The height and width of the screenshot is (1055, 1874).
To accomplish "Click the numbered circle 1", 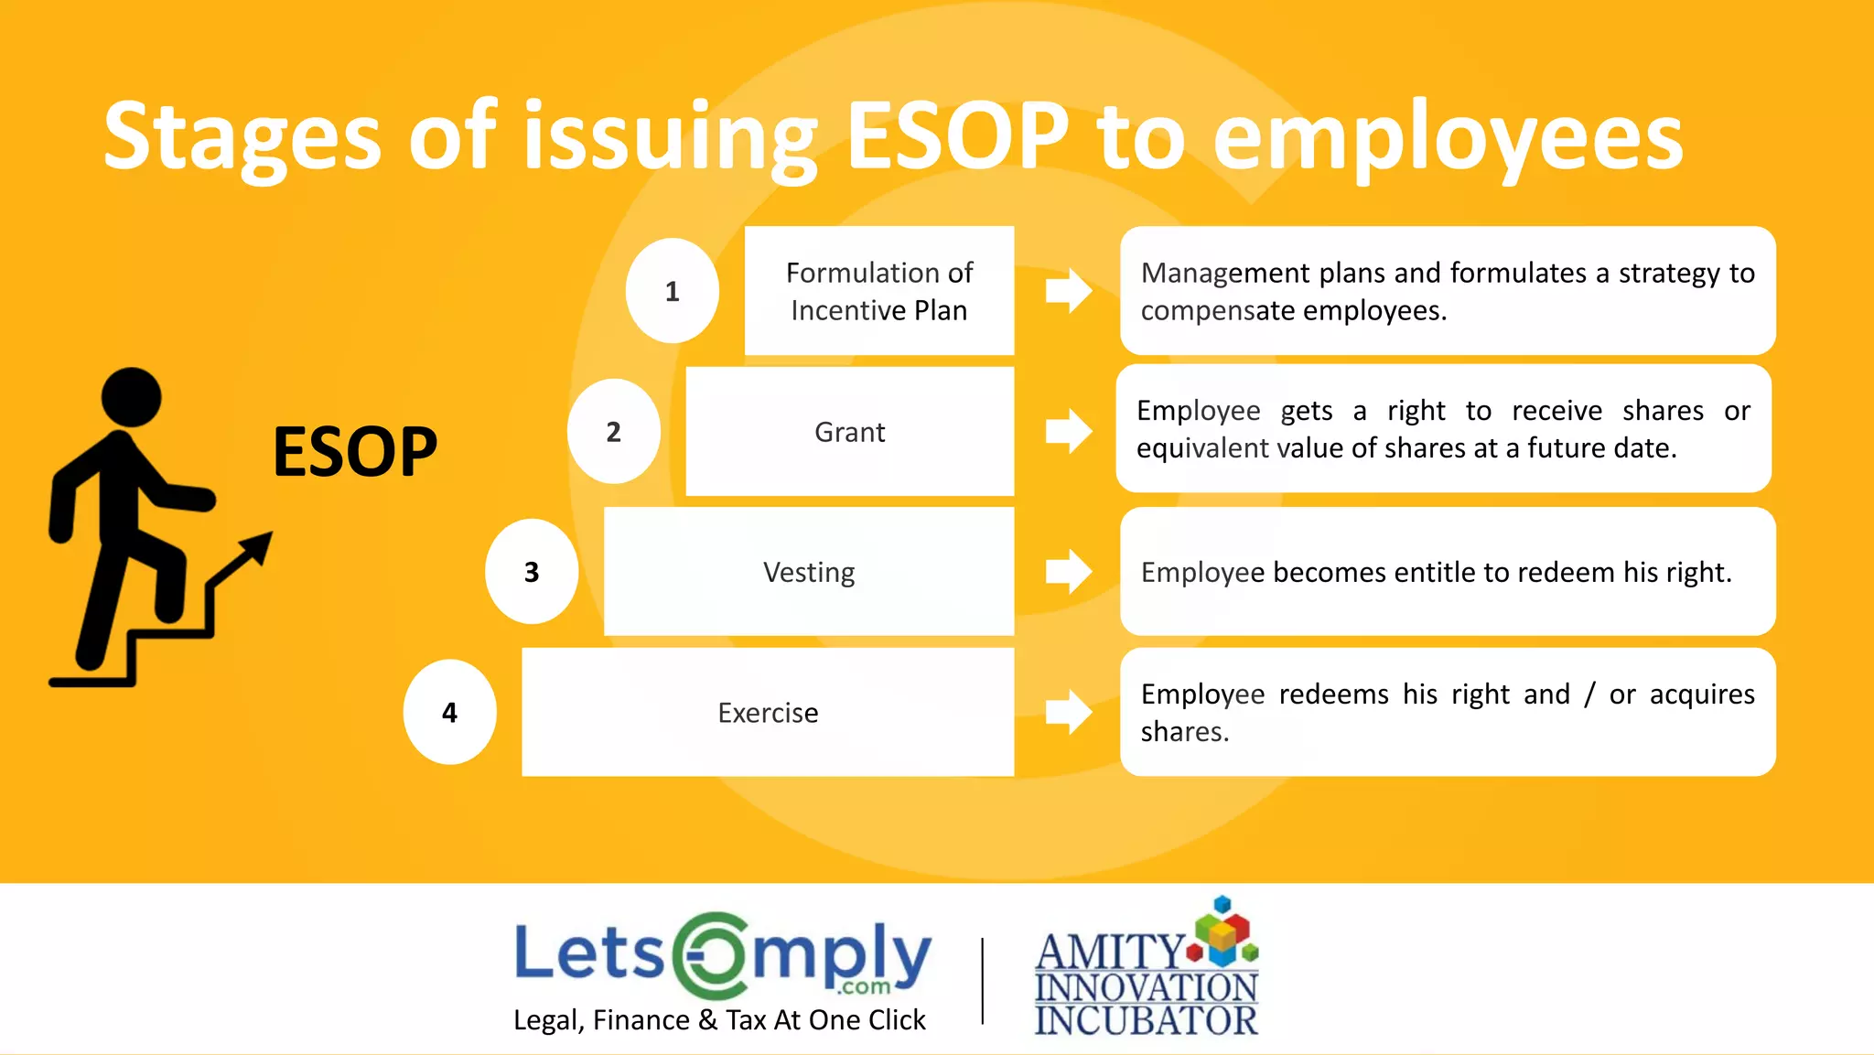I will pos(672,291).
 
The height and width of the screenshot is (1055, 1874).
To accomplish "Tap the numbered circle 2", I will pos(613,431).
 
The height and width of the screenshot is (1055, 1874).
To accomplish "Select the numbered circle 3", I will pos(531,572).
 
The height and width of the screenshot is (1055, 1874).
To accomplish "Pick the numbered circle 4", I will pos(449,712).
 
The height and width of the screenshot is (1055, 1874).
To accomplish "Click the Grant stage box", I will pos(849,431).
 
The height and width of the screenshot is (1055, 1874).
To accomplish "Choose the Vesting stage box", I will pos(809,572).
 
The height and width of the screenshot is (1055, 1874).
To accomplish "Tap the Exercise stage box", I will pos(768,712).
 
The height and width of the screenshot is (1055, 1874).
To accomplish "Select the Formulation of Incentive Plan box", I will pos(878,291).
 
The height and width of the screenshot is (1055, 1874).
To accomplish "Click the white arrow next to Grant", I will pos(1069,431).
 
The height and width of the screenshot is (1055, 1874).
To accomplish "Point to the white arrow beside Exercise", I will pos(1069,712).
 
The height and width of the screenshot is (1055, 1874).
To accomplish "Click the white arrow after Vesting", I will pos(1069,572).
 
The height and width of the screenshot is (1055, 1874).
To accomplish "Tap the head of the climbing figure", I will pos(131,397).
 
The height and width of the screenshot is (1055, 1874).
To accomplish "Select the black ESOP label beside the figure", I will pos(355,452).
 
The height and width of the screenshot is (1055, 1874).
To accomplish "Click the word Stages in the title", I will pos(242,137).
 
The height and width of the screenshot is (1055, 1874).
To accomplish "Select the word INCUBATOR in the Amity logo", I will pos(1146,1020).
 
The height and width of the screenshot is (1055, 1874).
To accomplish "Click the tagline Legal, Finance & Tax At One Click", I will pos(719,1019).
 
